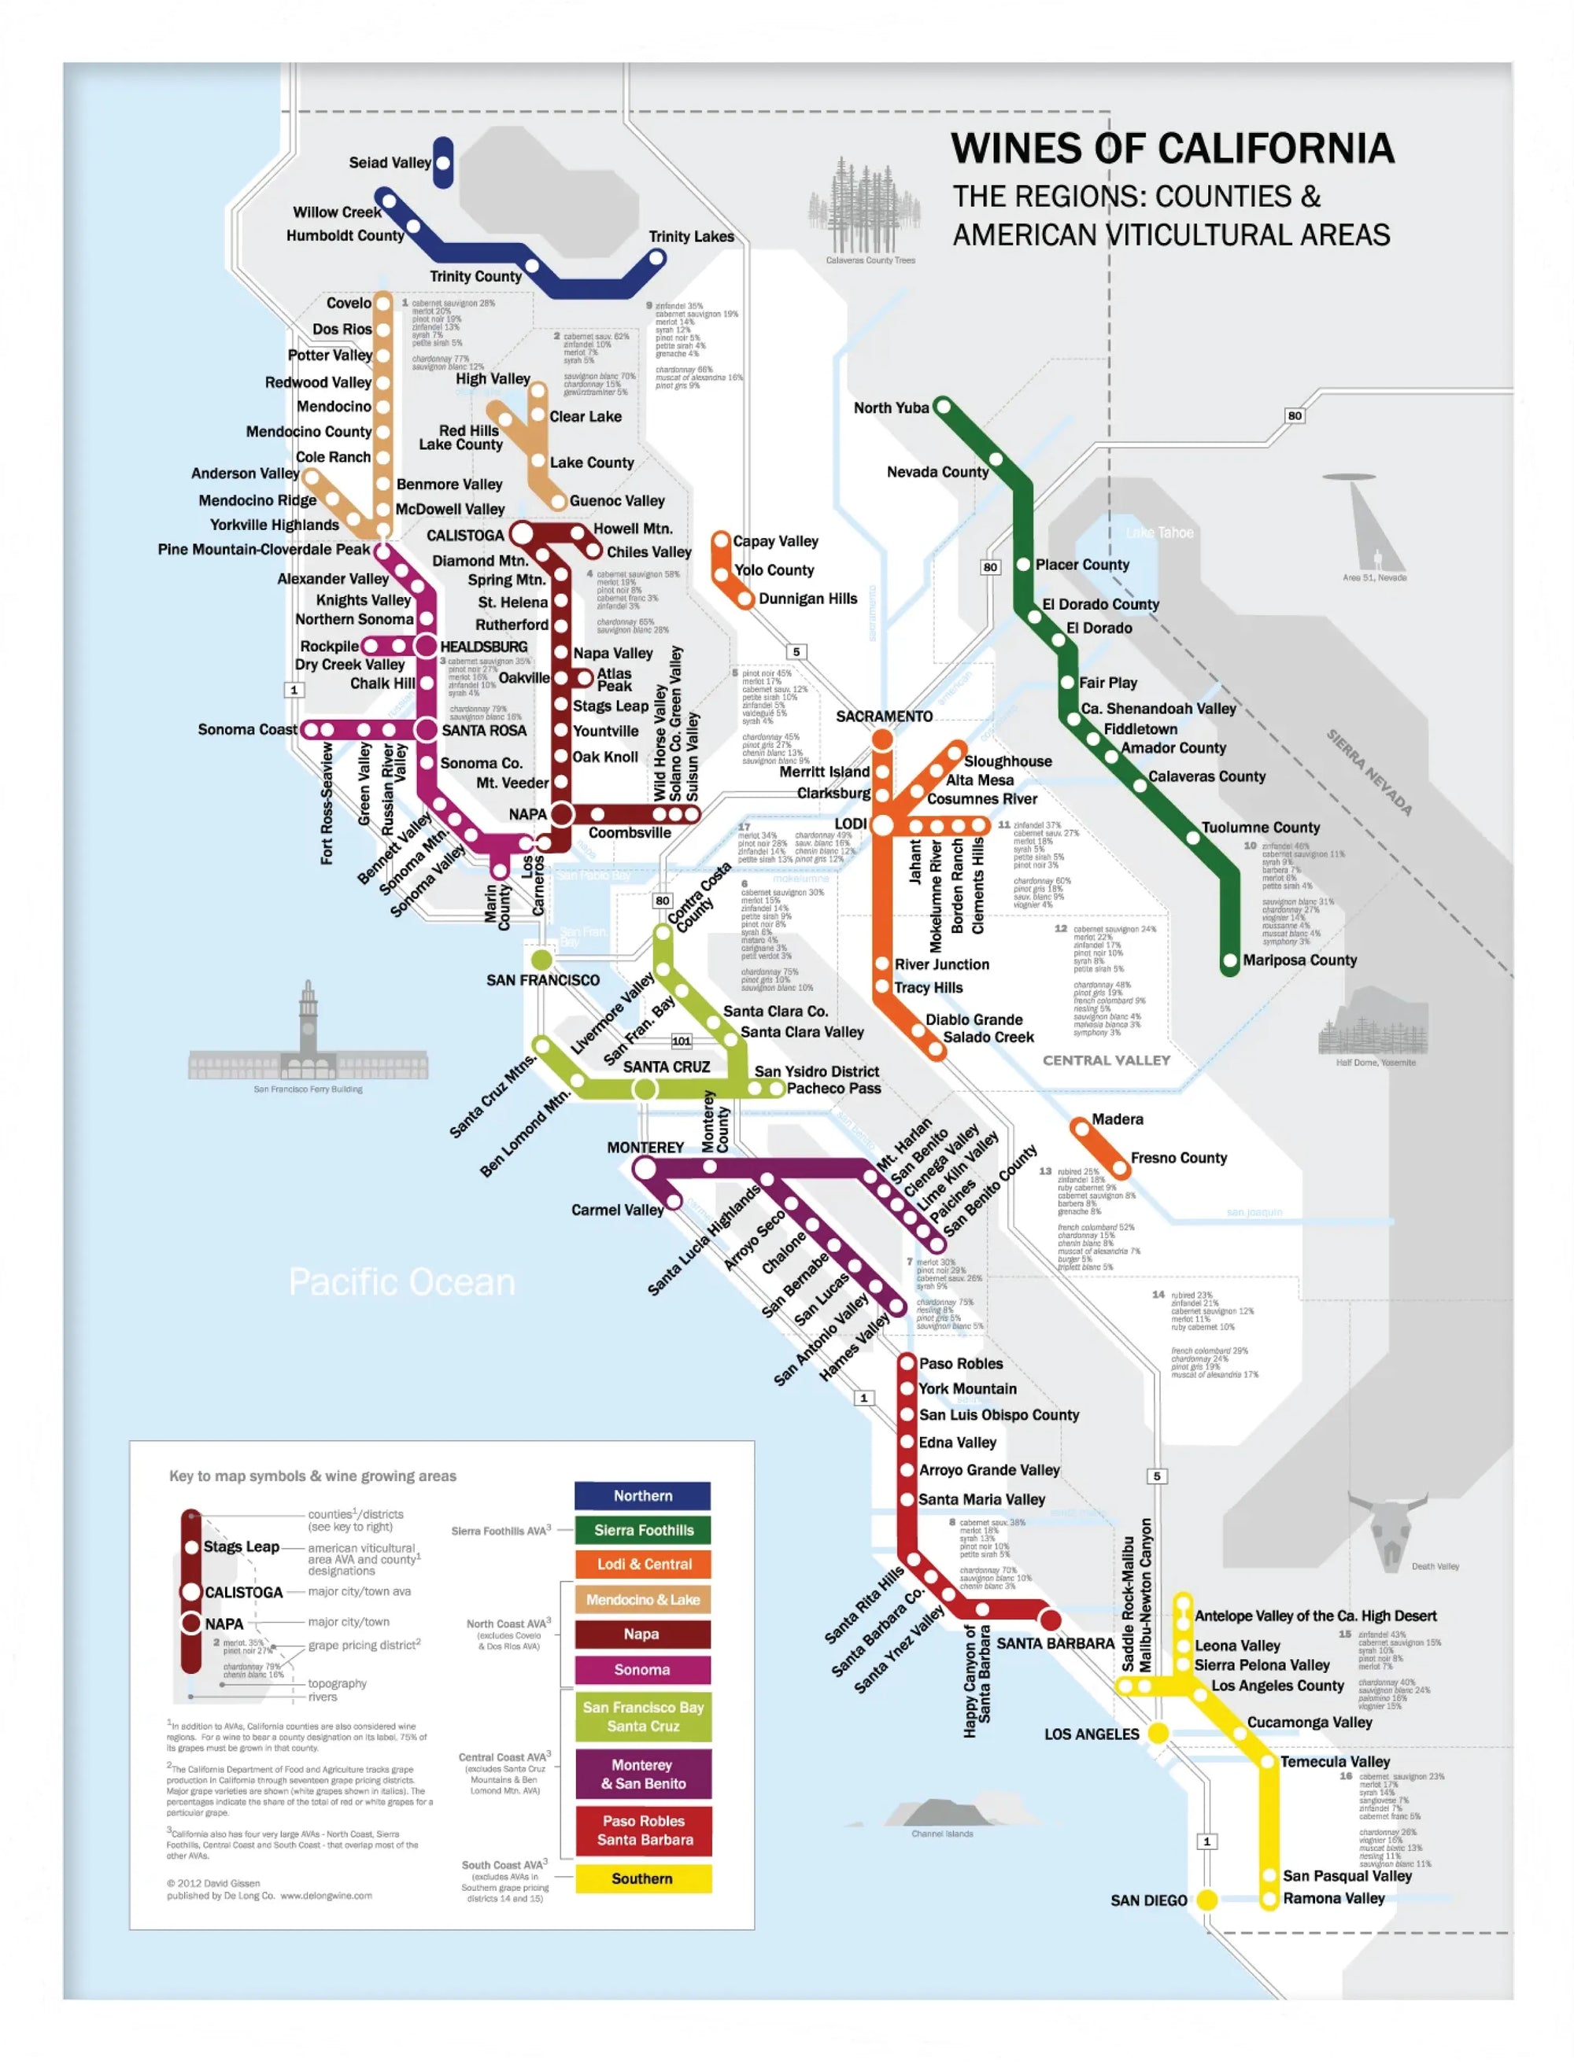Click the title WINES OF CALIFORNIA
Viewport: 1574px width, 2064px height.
(1171, 149)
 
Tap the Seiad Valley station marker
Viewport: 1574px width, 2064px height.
(443, 163)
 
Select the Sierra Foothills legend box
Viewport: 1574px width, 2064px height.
(643, 1530)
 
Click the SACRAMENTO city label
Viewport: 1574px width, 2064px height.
(884, 717)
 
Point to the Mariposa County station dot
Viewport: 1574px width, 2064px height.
(1230, 961)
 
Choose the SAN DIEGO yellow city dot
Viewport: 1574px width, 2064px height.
(1206, 1900)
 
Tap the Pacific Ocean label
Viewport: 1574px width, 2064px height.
(401, 1282)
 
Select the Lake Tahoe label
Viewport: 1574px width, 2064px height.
(1159, 533)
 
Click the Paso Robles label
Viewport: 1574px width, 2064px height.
(960, 1363)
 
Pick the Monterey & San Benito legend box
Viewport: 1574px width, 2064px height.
(643, 1774)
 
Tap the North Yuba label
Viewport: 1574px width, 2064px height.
(890, 407)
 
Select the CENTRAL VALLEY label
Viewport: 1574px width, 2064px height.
(1106, 1060)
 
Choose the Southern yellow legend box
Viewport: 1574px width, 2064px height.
(643, 1878)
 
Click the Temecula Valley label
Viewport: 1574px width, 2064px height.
(1334, 1761)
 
